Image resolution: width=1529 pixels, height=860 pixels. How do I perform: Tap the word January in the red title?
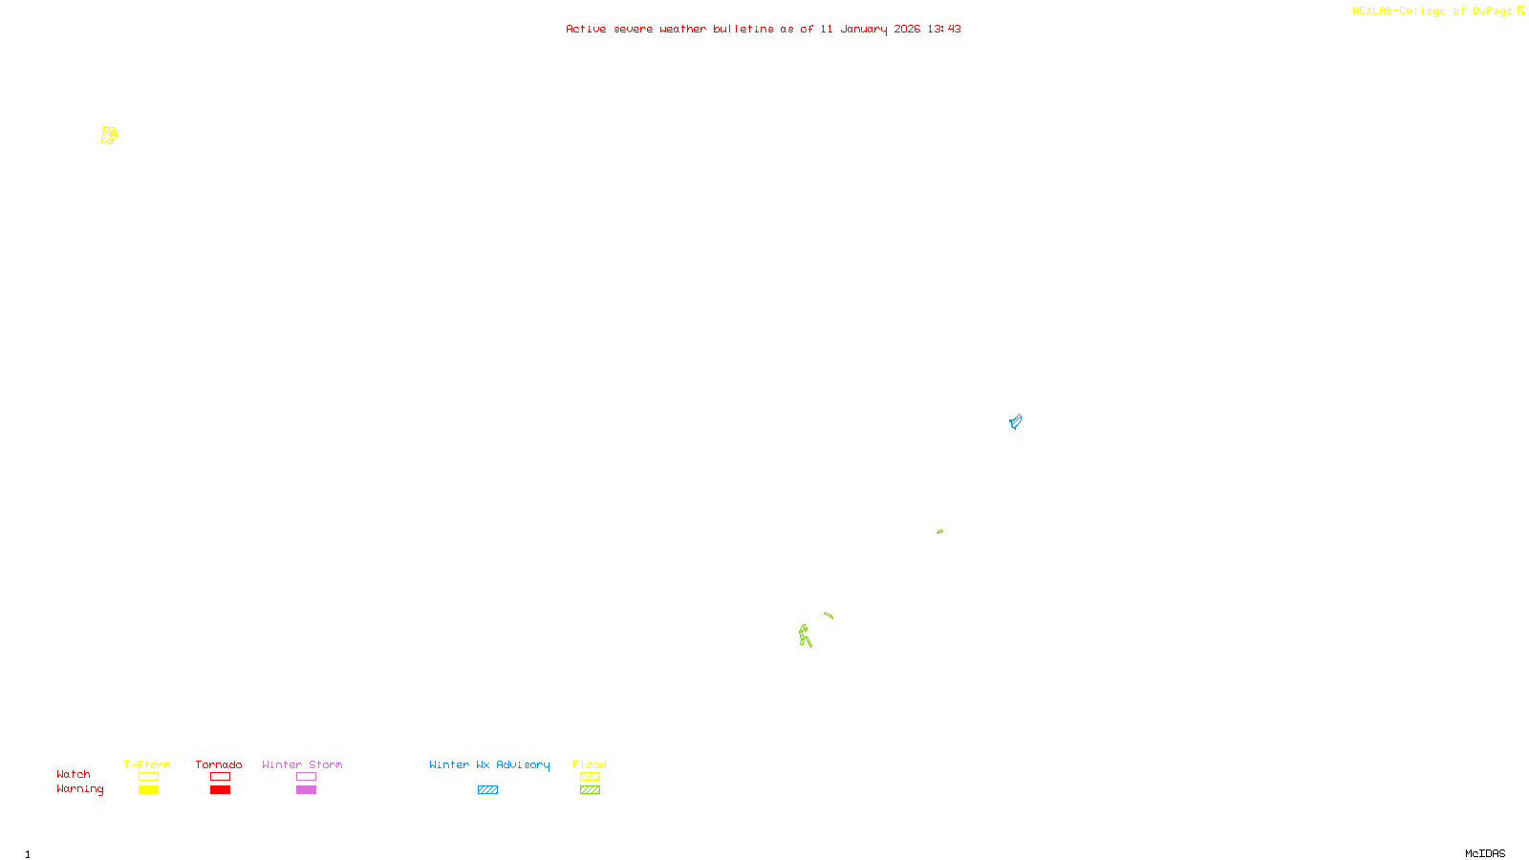pos(864,30)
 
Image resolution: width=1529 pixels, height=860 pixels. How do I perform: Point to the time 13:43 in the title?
pos(944,30)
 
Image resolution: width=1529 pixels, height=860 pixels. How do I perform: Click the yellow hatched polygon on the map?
pos(109,136)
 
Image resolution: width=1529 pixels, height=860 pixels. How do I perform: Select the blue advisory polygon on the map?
pos(1015,421)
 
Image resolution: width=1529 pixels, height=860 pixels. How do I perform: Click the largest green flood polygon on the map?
pos(805,635)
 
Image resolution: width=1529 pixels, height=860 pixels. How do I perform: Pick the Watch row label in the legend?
pos(74,775)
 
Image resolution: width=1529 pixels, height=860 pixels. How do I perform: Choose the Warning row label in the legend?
pos(79,789)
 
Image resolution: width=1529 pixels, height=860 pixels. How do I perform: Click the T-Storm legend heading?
pos(147,764)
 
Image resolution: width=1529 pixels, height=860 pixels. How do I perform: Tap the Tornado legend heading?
pos(219,764)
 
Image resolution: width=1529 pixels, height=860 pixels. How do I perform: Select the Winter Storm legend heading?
pos(302,764)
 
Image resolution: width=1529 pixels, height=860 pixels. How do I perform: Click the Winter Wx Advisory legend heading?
pos(489,764)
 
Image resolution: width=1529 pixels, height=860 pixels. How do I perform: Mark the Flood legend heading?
pos(590,764)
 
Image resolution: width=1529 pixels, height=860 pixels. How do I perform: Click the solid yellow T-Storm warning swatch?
pos(148,790)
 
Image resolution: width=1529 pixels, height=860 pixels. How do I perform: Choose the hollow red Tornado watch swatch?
pos(220,777)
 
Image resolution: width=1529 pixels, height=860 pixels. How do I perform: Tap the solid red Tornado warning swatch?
pos(220,790)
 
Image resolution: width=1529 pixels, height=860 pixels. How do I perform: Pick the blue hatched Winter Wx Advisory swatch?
pos(487,790)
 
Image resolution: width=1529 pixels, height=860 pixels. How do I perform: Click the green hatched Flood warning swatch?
pos(590,790)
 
